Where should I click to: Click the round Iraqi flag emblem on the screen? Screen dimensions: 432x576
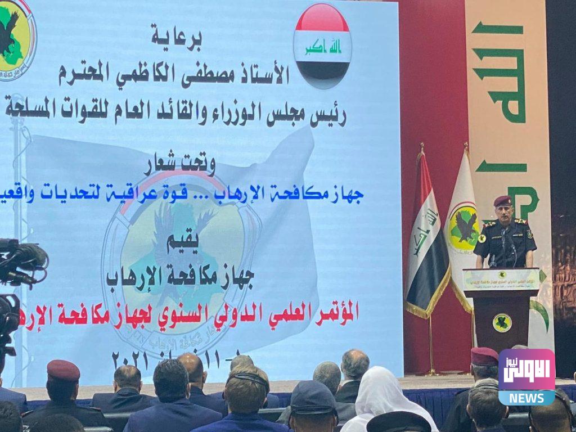(322, 46)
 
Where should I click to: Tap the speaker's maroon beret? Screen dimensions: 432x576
(502, 201)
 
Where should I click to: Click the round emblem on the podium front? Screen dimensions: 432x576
(502, 322)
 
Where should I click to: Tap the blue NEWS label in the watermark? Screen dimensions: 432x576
(526, 397)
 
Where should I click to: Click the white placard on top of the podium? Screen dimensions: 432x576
(501, 279)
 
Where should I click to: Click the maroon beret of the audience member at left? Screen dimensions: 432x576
(63, 370)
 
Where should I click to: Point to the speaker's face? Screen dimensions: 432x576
(503, 213)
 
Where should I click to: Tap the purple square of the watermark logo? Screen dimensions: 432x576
(526, 370)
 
